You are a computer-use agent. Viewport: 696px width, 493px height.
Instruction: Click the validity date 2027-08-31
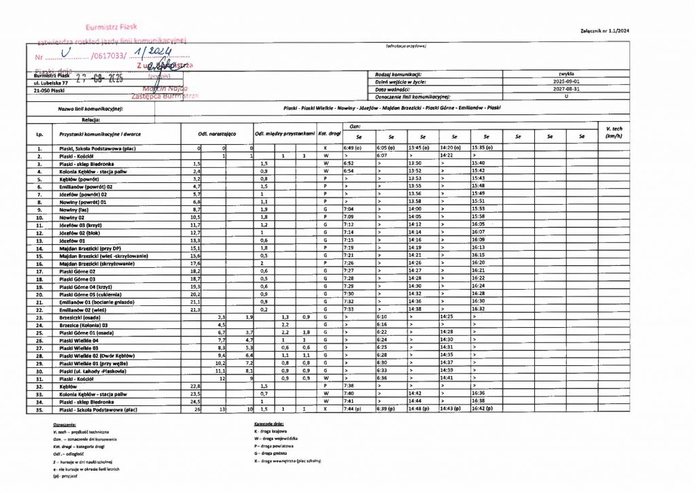coord(566,89)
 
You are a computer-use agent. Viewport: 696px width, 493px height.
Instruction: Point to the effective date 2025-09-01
coord(566,81)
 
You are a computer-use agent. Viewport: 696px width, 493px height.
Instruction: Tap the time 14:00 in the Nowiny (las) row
coord(415,209)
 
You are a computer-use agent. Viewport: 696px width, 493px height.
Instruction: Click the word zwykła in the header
coord(566,73)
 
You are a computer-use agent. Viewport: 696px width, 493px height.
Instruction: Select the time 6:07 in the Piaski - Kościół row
coord(384,156)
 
